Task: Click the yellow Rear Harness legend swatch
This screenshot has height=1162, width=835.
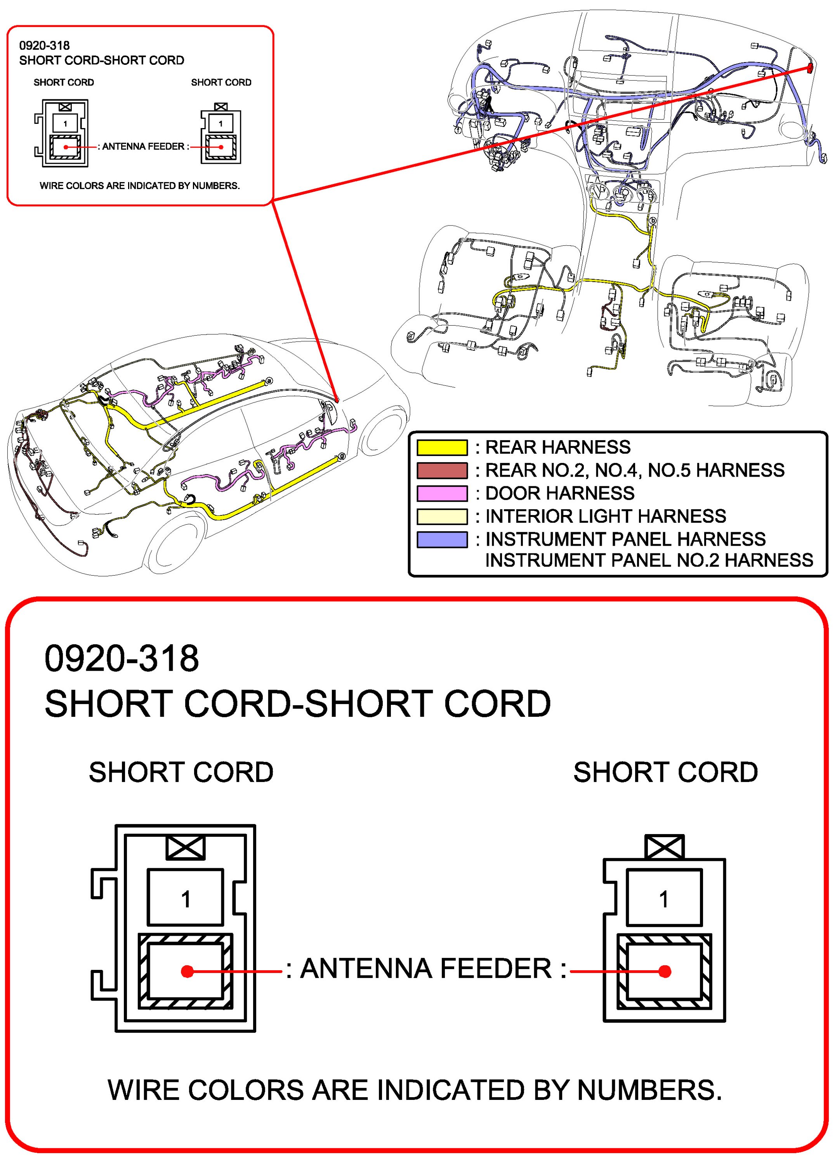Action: (x=442, y=447)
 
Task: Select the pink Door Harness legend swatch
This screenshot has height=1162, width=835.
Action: (x=442, y=493)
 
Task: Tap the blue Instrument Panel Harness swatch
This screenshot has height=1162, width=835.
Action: (x=442, y=539)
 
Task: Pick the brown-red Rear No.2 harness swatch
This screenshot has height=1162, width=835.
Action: (x=442, y=470)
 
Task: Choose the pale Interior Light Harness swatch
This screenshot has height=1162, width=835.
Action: (x=442, y=517)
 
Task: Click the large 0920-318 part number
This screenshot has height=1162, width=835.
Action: (x=122, y=658)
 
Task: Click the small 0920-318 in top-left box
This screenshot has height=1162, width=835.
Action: (x=44, y=45)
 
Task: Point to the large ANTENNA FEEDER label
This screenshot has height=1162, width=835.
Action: (x=426, y=968)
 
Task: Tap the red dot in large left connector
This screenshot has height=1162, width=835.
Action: (x=187, y=971)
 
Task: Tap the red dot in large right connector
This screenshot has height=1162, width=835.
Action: (x=665, y=971)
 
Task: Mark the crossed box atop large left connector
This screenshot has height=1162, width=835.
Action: (x=186, y=848)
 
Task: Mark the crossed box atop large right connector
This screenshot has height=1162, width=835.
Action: (x=664, y=846)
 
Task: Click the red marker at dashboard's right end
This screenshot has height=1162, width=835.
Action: (x=810, y=68)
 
